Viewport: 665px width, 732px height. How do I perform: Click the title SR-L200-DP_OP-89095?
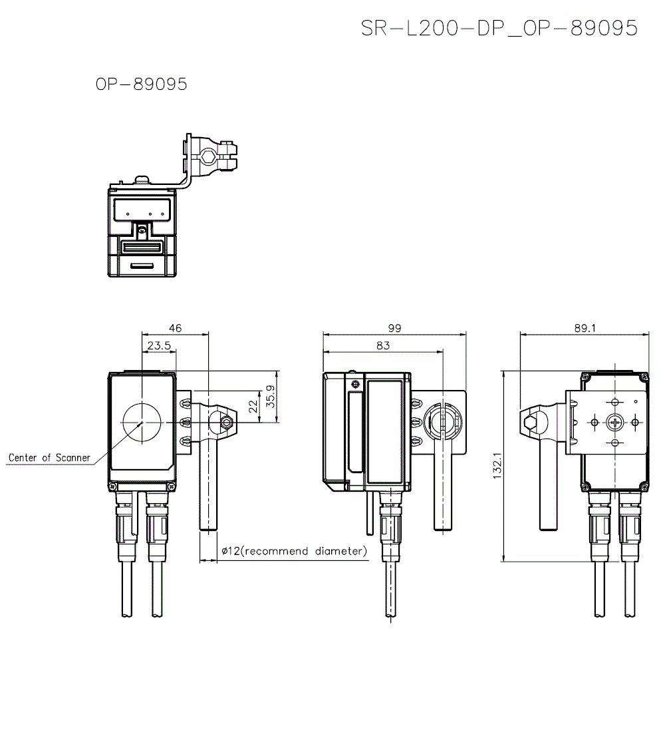(499, 28)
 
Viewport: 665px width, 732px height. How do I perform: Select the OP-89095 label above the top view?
(142, 85)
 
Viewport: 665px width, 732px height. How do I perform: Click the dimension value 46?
(175, 328)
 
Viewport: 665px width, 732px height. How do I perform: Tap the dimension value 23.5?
(160, 345)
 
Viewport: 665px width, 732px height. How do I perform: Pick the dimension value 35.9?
(270, 397)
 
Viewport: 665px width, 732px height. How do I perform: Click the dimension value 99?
(394, 328)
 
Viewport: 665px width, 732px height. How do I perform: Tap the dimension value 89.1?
(583, 328)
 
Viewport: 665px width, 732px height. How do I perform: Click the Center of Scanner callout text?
(49, 458)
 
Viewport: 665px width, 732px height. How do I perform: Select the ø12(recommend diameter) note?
(293, 552)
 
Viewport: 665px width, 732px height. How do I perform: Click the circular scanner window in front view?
(142, 422)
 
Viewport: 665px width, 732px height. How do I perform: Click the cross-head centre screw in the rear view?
(614, 422)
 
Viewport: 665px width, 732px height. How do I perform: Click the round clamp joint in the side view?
(439, 421)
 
